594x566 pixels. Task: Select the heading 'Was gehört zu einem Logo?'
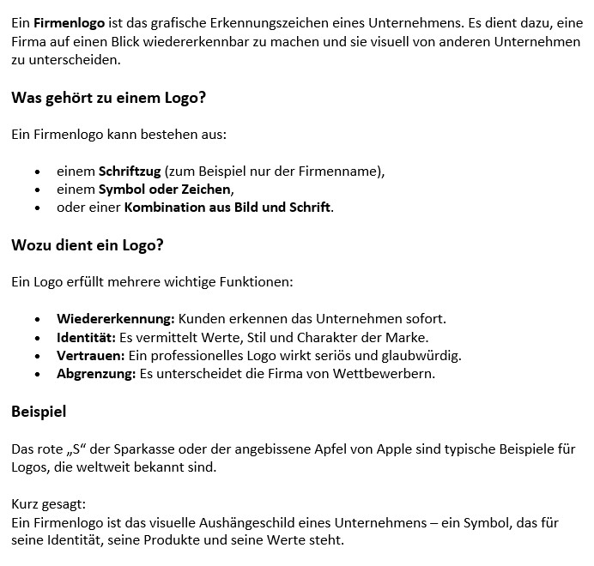[108, 98]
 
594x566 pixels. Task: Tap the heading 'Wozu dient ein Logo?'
[88, 245]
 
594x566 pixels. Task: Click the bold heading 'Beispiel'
[39, 412]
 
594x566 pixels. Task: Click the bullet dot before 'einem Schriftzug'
[38, 172]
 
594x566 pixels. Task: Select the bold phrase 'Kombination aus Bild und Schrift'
[227, 208]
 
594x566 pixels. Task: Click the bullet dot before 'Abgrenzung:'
[38, 375]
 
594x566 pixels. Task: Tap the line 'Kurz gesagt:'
[49, 504]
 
